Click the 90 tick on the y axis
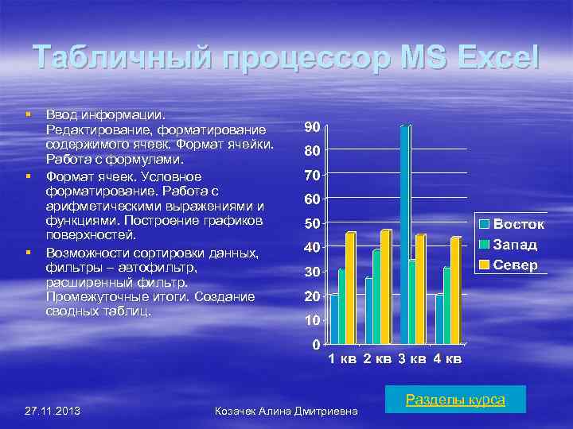pyautogui.click(x=312, y=127)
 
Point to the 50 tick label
pyautogui.click(x=312, y=223)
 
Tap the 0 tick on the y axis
pyautogui.click(x=316, y=345)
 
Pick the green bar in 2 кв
pyautogui.click(x=376, y=296)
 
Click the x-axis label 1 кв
pyautogui.click(x=342, y=360)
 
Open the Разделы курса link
pyautogui.click(x=455, y=400)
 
